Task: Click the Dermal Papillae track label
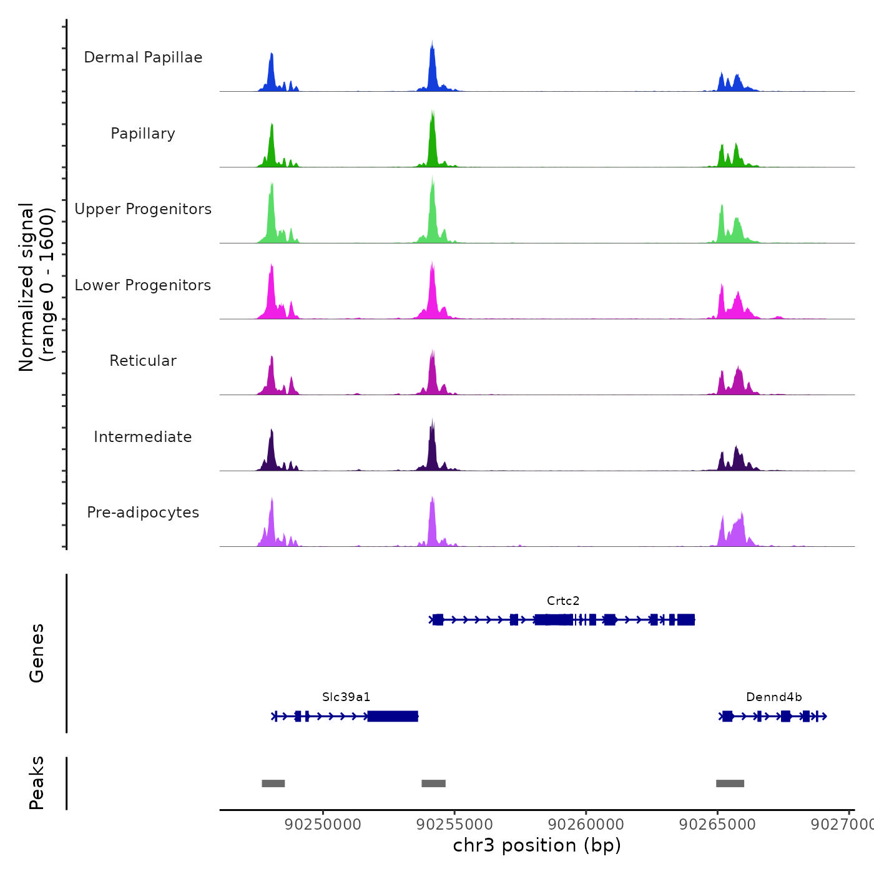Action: click(x=143, y=57)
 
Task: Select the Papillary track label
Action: click(x=143, y=134)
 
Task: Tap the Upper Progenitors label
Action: click(x=143, y=209)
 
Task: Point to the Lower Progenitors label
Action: click(x=143, y=285)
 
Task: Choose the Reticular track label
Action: click(x=143, y=361)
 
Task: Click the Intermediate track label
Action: click(x=143, y=437)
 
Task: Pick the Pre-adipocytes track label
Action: click(x=143, y=513)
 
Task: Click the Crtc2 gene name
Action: click(x=563, y=601)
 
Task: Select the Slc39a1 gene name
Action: click(x=346, y=697)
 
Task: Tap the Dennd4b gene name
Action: click(x=774, y=697)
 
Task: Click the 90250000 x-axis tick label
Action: click(x=323, y=825)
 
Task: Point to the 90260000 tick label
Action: click(x=586, y=825)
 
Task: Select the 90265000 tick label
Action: click(x=717, y=825)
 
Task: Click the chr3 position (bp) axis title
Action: click(x=537, y=845)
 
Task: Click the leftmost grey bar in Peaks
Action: click(x=273, y=783)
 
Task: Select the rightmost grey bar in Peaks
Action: click(x=730, y=783)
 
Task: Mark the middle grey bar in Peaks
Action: click(x=433, y=783)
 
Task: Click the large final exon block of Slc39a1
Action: click(x=393, y=716)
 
